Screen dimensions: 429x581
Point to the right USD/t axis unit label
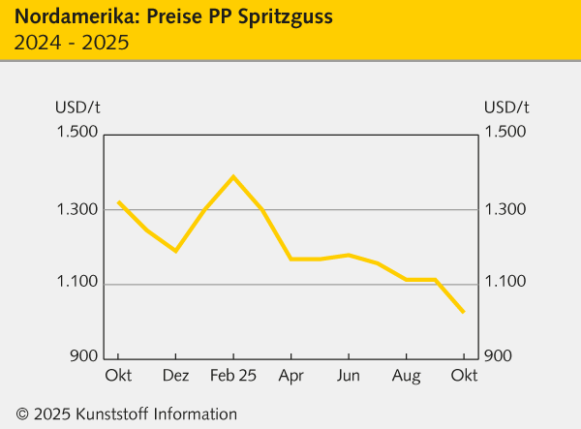(506, 107)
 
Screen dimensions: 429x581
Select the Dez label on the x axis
(175, 375)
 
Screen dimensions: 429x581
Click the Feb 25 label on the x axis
(233, 375)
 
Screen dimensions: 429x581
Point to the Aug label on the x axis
(406, 375)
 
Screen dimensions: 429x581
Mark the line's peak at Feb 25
(233, 176)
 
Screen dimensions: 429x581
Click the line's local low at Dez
(175, 251)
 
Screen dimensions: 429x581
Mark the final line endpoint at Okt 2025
(464, 312)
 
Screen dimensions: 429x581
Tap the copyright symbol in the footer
(22, 414)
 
